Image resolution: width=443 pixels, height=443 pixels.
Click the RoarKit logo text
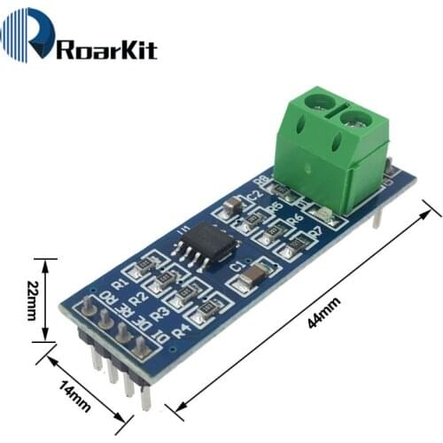(x=106, y=48)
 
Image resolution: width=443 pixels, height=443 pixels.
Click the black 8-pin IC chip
(x=206, y=242)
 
